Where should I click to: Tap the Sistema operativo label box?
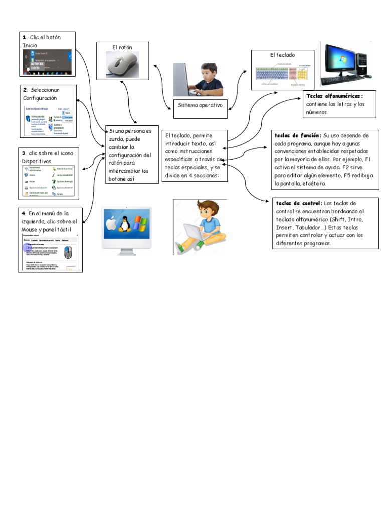[x=200, y=106]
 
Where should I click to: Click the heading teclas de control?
[x=299, y=203]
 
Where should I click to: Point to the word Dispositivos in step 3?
[x=36, y=161]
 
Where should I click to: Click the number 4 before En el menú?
[x=23, y=213]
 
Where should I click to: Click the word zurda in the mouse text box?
[x=116, y=139]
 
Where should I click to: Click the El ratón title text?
[x=122, y=47]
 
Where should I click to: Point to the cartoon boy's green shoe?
[x=199, y=244]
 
